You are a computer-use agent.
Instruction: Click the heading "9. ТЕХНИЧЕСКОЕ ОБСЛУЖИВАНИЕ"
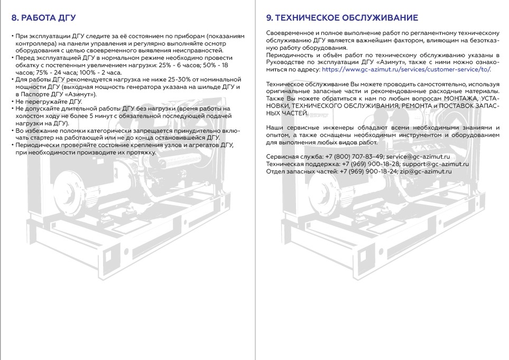[x=342, y=18]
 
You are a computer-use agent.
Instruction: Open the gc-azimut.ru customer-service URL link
[x=406, y=69]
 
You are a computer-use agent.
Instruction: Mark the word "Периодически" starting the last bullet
[x=36, y=145]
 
